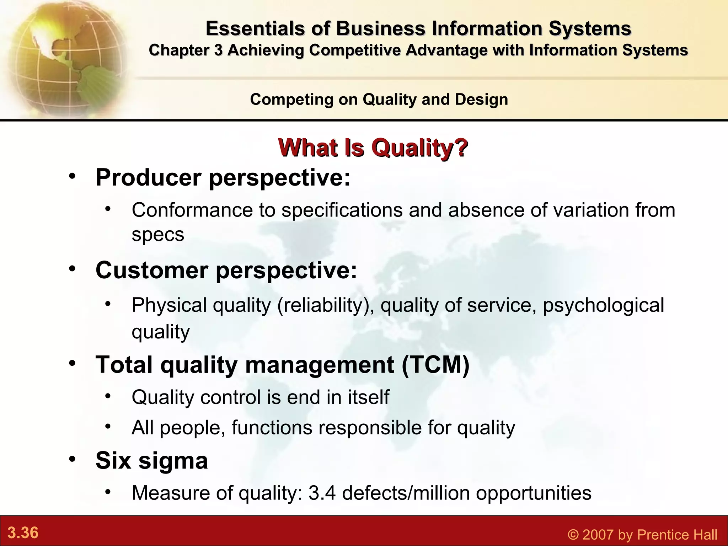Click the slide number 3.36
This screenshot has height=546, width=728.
pyautogui.click(x=23, y=533)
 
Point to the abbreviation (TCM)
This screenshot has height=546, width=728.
pyautogui.click(x=436, y=365)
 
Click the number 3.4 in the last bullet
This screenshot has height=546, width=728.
pyautogui.click(x=322, y=493)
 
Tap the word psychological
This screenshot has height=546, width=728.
pyautogui.click(x=603, y=305)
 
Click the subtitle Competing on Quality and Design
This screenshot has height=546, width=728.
pyautogui.click(x=379, y=99)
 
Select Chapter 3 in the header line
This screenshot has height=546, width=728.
pyautogui.click(x=186, y=50)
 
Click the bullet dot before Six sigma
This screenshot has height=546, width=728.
pyautogui.click(x=73, y=459)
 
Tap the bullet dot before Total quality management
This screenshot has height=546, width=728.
pyautogui.click(x=73, y=363)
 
